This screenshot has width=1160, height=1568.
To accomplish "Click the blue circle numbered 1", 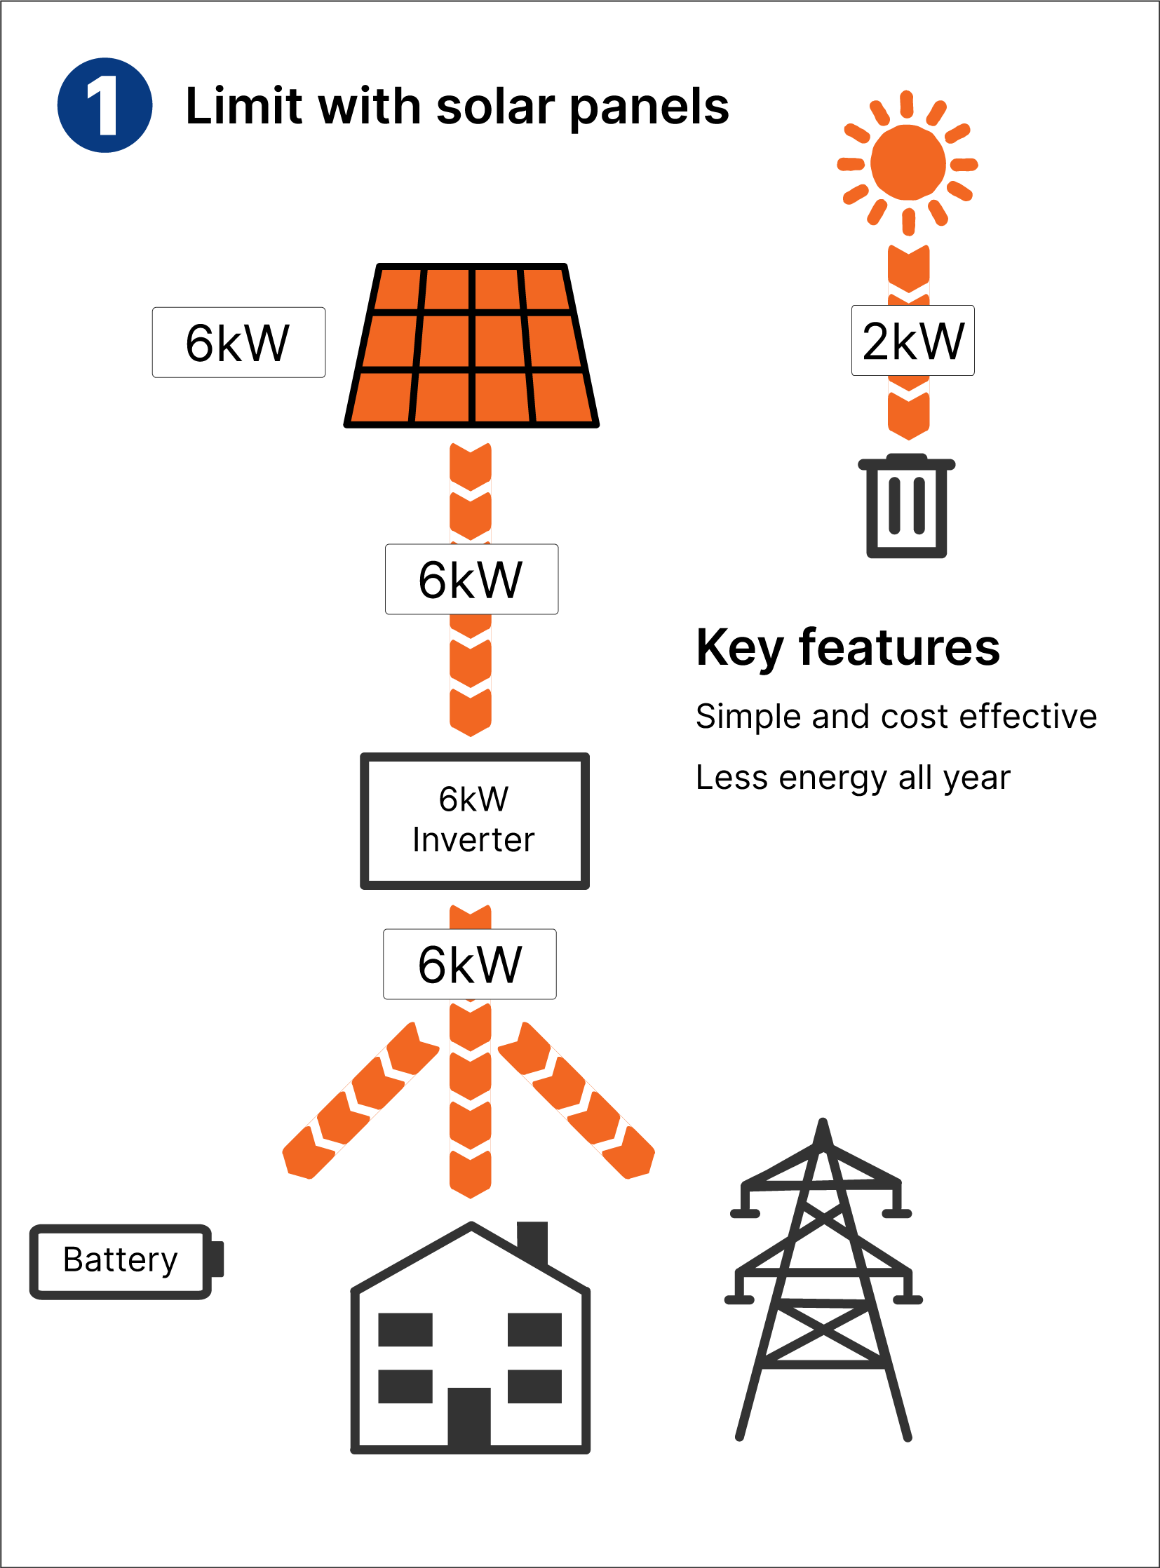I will (x=104, y=105).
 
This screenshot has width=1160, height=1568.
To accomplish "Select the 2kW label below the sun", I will (x=912, y=341).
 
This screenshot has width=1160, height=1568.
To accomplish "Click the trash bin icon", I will (x=907, y=507).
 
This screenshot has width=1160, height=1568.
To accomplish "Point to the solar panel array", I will (x=471, y=346).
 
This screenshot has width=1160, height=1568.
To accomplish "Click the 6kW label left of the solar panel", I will (x=238, y=343).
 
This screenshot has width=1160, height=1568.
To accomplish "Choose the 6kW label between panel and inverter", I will (x=471, y=579).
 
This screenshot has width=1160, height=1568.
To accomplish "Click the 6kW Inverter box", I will (x=475, y=821).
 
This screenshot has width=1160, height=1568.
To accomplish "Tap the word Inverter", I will (x=473, y=841).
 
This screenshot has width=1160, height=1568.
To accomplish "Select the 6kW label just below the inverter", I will (x=470, y=964).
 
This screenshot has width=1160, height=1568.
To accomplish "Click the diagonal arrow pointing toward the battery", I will (x=360, y=1101).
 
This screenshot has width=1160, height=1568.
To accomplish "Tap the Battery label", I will (x=120, y=1259).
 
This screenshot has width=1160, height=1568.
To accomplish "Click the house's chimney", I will (x=532, y=1241).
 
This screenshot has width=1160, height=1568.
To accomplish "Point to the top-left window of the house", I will (x=405, y=1330).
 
